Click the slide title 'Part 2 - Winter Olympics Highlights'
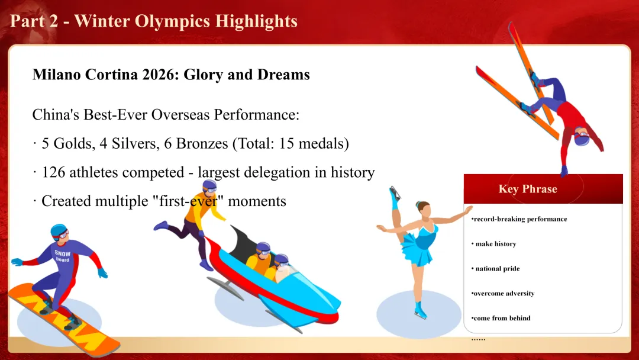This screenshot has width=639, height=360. [x=154, y=21]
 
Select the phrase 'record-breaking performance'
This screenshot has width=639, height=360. [x=519, y=219]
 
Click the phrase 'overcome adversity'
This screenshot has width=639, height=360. [x=503, y=294]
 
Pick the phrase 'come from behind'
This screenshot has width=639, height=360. [x=501, y=319]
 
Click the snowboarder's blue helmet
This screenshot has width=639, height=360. [x=58, y=230]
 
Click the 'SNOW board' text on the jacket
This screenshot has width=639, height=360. [x=62, y=256]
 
